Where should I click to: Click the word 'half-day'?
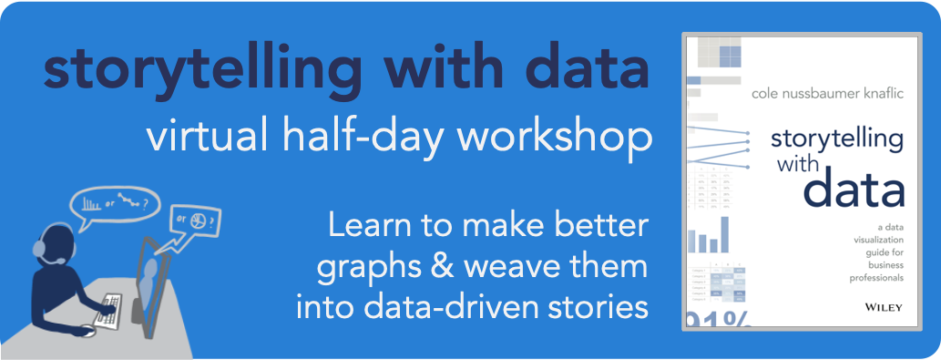(x=356, y=138)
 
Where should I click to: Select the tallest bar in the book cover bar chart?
(x=726, y=234)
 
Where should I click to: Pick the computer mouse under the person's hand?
(x=87, y=330)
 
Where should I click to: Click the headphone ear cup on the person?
(x=40, y=248)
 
